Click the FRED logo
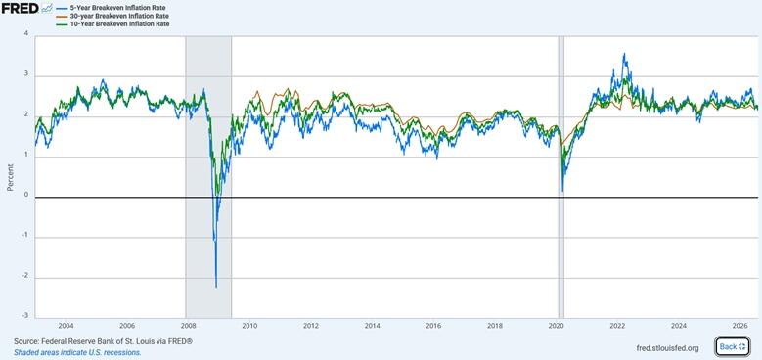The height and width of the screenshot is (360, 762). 26,8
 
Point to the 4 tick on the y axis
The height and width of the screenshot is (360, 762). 25,34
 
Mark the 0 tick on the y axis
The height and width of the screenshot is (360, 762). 25,196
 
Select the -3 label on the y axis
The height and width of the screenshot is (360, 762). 24,316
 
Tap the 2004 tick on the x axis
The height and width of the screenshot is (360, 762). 67,325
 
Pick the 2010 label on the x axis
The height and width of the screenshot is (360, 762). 249,325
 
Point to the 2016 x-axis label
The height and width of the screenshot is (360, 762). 433,325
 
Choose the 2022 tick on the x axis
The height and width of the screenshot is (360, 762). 617,325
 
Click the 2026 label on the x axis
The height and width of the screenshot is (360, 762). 740,325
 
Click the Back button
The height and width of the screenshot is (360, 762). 733,346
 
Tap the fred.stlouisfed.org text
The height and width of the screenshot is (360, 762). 667,347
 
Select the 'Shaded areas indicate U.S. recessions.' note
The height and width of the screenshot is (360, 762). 77,352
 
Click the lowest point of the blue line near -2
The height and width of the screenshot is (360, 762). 216,288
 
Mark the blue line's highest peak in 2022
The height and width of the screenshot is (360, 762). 624,54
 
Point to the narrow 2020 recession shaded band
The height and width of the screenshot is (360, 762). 561,177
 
